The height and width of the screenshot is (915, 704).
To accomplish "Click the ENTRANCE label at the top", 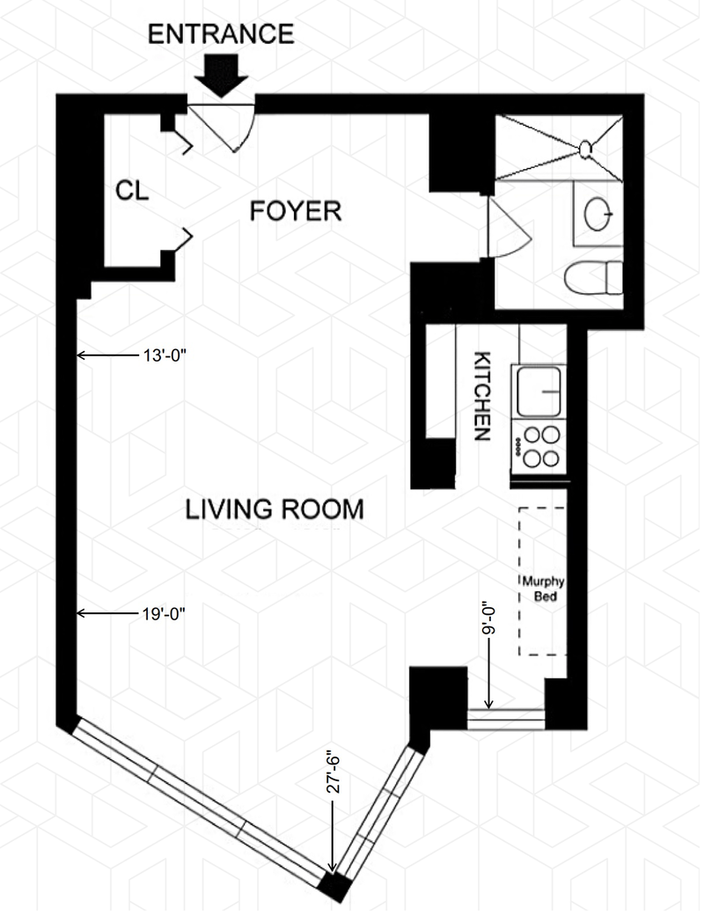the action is click(x=221, y=33).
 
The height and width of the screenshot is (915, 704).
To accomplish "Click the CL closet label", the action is click(x=132, y=191).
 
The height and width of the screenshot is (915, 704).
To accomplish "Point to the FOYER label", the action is click(x=296, y=210).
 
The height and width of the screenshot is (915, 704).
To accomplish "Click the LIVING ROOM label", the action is click(x=275, y=509).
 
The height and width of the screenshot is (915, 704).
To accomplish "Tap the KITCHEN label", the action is click(x=481, y=396).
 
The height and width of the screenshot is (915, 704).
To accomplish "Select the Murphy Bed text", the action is click(x=543, y=589).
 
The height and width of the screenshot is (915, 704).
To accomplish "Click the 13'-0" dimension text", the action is click(x=165, y=355).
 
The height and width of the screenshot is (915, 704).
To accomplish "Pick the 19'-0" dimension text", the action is click(x=164, y=613).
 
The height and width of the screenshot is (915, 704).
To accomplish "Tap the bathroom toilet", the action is click(x=594, y=278).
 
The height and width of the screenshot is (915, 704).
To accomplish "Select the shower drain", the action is click(x=585, y=150).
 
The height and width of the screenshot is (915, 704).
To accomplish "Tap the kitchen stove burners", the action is click(x=539, y=446).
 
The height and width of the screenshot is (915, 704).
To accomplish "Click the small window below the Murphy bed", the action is click(x=506, y=719).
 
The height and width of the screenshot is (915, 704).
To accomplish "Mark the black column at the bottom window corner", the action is click(x=334, y=888).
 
